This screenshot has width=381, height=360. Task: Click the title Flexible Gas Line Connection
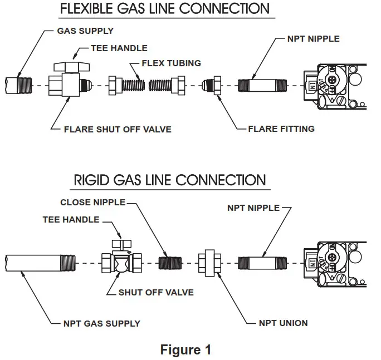click(164, 9)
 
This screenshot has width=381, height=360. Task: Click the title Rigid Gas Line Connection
click(170, 181)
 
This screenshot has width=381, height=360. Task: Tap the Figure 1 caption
click(185, 349)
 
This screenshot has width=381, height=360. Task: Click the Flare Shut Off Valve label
click(118, 129)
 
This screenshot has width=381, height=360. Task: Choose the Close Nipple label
click(92, 202)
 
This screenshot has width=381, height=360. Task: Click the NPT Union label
click(283, 323)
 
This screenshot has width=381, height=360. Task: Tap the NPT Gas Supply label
click(101, 323)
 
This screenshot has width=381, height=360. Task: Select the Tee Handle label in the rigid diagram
click(71, 220)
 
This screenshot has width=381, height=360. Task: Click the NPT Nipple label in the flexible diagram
click(313, 39)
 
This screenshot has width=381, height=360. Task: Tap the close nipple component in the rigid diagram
click(171, 262)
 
